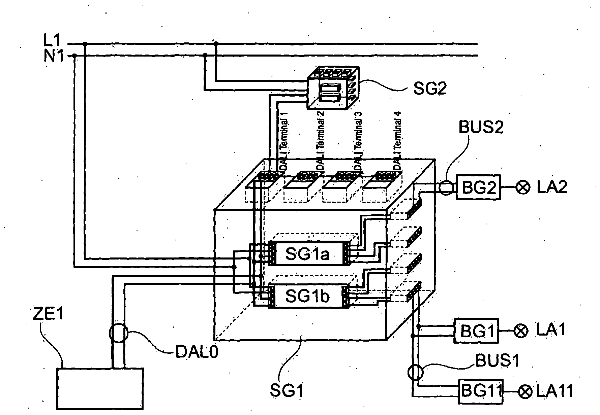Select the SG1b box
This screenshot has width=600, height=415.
pyautogui.click(x=307, y=296)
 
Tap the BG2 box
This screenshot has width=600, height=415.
pyautogui.click(x=479, y=187)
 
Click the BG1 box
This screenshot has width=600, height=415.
pyautogui.click(x=476, y=331)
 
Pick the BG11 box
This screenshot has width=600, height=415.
pyautogui.click(x=481, y=391)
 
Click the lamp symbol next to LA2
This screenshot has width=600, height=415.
pyautogui.click(x=523, y=187)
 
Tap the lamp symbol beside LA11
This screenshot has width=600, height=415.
pyautogui.click(x=524, y=392)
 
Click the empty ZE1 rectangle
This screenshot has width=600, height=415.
pyautogui.click(x=100, y=388)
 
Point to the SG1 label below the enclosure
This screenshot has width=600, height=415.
pyautogui.click(x=287, y=390)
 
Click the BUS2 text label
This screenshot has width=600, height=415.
pyautogui.click(x=481, y=128)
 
